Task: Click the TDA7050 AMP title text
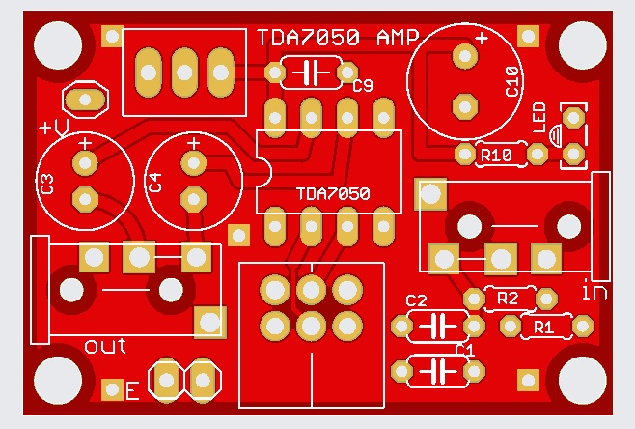[x=338, y=38]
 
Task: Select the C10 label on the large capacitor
[x=512, y=84]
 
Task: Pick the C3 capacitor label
[x=47, y=183]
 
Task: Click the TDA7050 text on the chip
[x=332, y=193]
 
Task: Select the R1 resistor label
[x=544, y=328]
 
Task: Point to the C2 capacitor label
[x=416, y=300]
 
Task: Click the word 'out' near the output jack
[x=105, y=345]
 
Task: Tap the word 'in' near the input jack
[x=594, y=289]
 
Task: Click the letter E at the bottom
[x=133, y=391]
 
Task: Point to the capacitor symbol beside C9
[x=310, y=72]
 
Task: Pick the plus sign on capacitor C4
[x=193, y=143]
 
